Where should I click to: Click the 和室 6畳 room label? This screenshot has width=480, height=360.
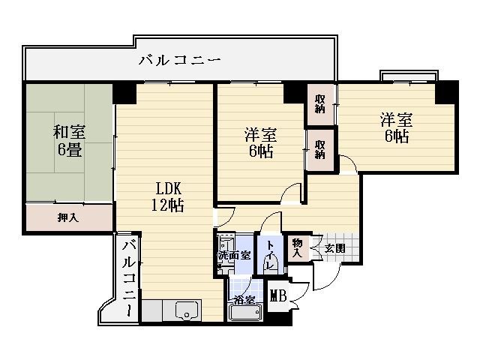point(69,140)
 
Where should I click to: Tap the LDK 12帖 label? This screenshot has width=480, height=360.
point(168,196)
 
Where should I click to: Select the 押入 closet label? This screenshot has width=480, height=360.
point(68,217)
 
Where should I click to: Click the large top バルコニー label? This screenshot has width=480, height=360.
point(180,60)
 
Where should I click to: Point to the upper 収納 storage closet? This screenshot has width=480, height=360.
point(320,104)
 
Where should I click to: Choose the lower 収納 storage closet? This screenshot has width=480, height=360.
point(320,150)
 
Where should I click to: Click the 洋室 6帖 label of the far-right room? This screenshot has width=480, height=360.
point(397,128)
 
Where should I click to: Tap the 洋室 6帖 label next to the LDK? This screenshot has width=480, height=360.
point(261,143)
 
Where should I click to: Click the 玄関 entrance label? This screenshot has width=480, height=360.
point(335,248)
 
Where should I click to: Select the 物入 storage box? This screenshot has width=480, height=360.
point(297,247)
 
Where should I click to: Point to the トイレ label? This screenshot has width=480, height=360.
point(270,255)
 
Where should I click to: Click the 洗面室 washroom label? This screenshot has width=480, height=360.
point(234,256)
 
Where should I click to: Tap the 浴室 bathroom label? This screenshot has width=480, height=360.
point(244,300)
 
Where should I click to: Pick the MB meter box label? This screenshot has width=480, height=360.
point(278,296)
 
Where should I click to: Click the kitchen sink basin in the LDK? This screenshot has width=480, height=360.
point(187,310)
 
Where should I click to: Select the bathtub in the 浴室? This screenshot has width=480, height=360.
point(246,313)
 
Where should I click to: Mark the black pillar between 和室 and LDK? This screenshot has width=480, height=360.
point(124,93)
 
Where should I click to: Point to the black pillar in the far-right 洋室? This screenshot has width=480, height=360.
point(445,92)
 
